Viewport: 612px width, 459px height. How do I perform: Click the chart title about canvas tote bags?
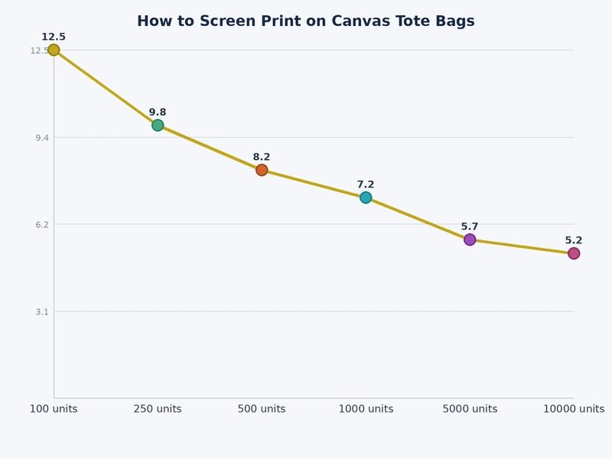[x=306, y=21]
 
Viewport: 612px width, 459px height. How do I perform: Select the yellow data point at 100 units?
[x=54, y=50]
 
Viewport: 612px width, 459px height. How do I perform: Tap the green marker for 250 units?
[x=158, y=125]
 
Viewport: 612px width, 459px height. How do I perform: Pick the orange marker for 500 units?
[x=262, y=170]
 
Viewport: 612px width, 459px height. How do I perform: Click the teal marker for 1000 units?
[x=366, y=197]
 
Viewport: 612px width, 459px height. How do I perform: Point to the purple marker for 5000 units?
[x=470, y=239]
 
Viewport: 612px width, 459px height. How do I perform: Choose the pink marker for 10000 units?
[x=574, y=253]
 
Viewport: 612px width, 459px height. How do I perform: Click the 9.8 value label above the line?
[x=158, y=112]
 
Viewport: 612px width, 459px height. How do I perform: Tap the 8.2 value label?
[x=262, y=157]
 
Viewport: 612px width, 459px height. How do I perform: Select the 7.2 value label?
[x=366, y=184]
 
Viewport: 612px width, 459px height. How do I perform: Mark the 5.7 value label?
[x=470, y=226]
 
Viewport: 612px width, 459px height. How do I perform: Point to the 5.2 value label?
[x=574, y=240]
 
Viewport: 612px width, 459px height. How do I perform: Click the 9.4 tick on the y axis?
[x=40, y=138]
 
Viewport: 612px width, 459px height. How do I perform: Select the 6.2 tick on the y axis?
[x=40, y=224]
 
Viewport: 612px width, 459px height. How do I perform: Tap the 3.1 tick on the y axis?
[x=40, y=311]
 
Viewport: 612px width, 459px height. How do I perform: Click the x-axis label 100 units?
[x=54, y=409]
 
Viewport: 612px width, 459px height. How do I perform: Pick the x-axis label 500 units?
[x=262, y=409]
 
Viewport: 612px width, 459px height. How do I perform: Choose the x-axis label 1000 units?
[x=366, y=409]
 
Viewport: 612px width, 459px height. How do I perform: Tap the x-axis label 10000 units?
[x=574, y=409]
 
